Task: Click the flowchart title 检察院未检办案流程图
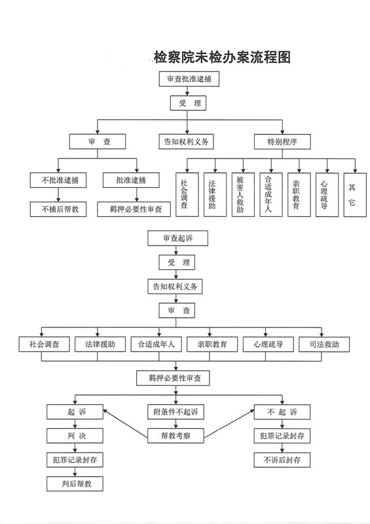222,58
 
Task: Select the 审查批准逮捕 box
189,79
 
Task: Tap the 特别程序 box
282,141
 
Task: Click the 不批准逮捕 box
58,181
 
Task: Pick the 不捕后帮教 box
58,209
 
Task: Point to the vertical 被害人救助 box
243,195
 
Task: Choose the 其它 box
355,195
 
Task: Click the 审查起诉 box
178,238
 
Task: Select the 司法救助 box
324,345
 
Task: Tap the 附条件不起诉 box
176,412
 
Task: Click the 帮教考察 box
176,436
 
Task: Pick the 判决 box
75,436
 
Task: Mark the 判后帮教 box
75,483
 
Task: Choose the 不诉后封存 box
282,460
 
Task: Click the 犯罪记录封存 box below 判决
75,460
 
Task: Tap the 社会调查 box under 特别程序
187,195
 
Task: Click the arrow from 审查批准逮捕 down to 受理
187,91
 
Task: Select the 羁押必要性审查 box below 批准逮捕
134,209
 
